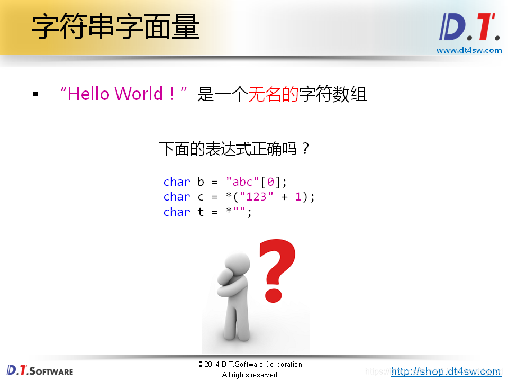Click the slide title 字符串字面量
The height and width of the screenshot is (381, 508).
pos(115,28)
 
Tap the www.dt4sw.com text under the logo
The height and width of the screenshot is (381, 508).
pos(469,50)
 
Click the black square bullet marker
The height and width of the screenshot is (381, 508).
pos(35,95)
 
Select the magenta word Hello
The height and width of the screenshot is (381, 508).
pos(88,94)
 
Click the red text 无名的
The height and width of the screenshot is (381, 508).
pos(273,94)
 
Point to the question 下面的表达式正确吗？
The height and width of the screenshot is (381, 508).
pos(234,149)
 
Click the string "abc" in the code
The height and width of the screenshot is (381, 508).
pos(242,182)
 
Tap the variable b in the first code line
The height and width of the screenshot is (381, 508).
pos(201,182)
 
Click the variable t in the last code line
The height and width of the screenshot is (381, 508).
pos(201,212)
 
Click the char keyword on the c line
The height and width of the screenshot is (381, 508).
pos(176,197)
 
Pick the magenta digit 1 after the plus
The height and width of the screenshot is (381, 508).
pos(297,197)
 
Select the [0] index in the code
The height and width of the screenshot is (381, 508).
pos(270,182)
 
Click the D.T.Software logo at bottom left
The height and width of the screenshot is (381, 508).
pos(40,370)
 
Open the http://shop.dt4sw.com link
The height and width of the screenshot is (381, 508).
pos(446,371)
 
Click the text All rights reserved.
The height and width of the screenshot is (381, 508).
pos(250,375)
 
